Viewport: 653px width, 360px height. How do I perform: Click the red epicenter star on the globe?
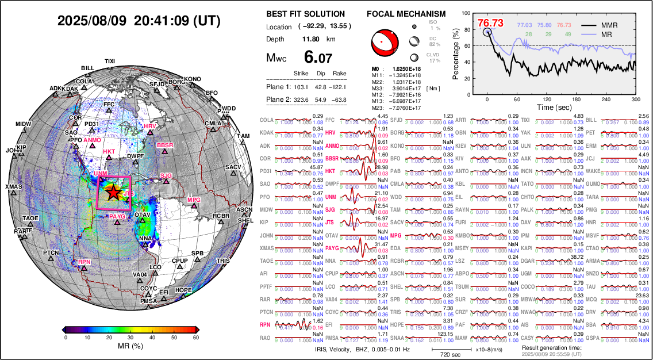tap(114, 192)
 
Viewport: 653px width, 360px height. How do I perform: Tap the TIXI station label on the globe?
tap(110, 61)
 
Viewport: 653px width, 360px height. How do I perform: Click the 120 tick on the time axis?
tap(561, 99)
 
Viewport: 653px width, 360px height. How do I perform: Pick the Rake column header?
tap(340, 74)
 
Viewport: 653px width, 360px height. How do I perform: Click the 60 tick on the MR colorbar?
tap(195, 338)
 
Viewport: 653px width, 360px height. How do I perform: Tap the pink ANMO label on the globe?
tap(92, 140)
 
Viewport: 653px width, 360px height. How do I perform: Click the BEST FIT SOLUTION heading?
tap(306, 14)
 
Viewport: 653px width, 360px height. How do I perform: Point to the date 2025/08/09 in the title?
tap(92, 21)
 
